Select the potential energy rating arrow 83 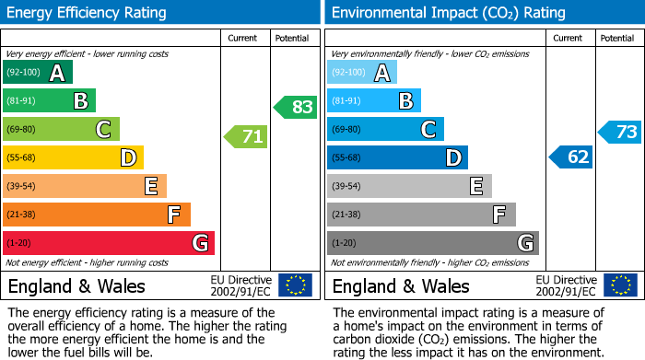(x=295, y=107)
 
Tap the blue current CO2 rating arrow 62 (x=570, y=157)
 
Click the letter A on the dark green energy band (x=57, y=73)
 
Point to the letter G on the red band (x=199, y=243)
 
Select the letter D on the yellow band (x=128, y=157)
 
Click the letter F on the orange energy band (x=174, y=215)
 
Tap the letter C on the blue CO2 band (x=428, y=129)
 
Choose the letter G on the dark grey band (x=524, y=243)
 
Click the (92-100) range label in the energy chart (x=22, y=73)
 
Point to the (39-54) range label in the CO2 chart (x=347, y=186)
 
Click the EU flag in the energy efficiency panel (x=295, y=285)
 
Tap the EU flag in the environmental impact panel (x=620, y=285)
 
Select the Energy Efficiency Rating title (x=88, y=13)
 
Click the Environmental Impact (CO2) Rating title (x=447, y=13)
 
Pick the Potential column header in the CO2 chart (x=617, y=38)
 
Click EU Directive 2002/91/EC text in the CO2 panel (x=567, y=285)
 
